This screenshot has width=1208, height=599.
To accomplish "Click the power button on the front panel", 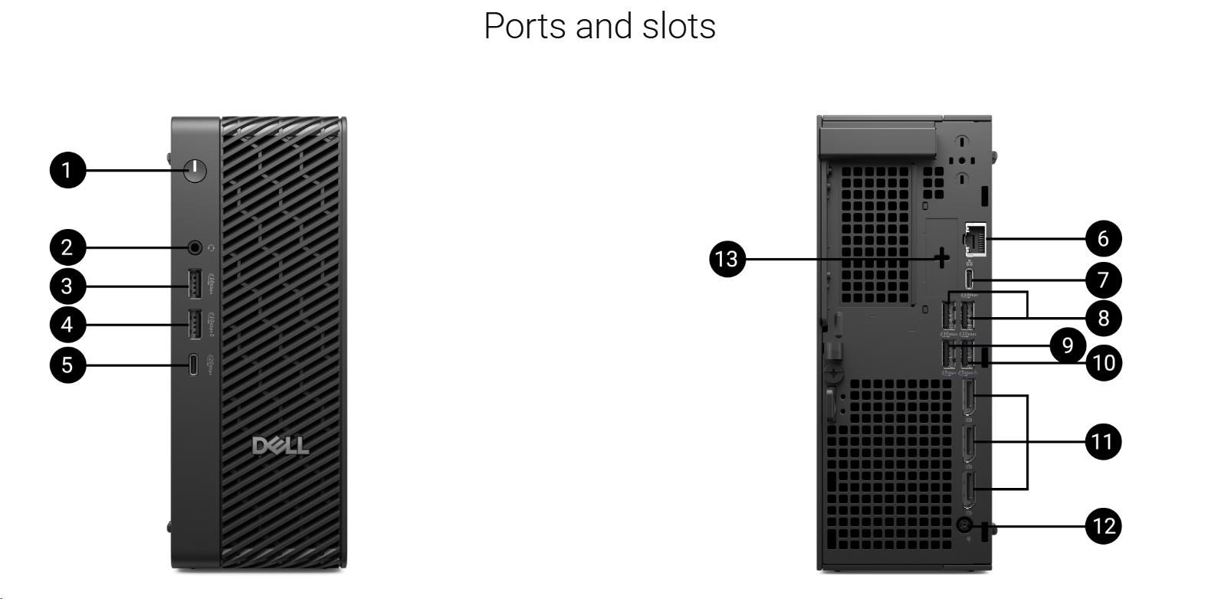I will pos(195,170).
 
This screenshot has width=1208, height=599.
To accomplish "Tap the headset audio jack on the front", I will pos(195,247).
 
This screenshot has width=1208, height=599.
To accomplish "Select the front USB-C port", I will pos(195,365).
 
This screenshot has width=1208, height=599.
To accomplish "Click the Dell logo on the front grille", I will pos(281,446).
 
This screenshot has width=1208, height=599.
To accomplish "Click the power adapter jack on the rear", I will pos(963,525).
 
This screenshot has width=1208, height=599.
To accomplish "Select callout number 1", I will pos(67,170).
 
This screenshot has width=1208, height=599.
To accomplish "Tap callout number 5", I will pos(67,365).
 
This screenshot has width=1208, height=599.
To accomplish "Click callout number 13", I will pos(727,259).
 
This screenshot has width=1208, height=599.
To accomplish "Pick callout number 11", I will pos(1103,442).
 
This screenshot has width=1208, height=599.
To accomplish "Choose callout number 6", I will pos(1103,238).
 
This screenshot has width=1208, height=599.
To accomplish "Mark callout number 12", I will pos(1103,526).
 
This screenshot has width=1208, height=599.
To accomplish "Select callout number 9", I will pos(1068,345).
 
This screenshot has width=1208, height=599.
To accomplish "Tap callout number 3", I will pos(67,286).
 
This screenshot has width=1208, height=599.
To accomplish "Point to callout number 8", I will pos(1103,317).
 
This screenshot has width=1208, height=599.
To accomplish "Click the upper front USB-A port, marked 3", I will pos(195,286).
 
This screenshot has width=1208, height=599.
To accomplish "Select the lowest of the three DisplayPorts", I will pos(970,489).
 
